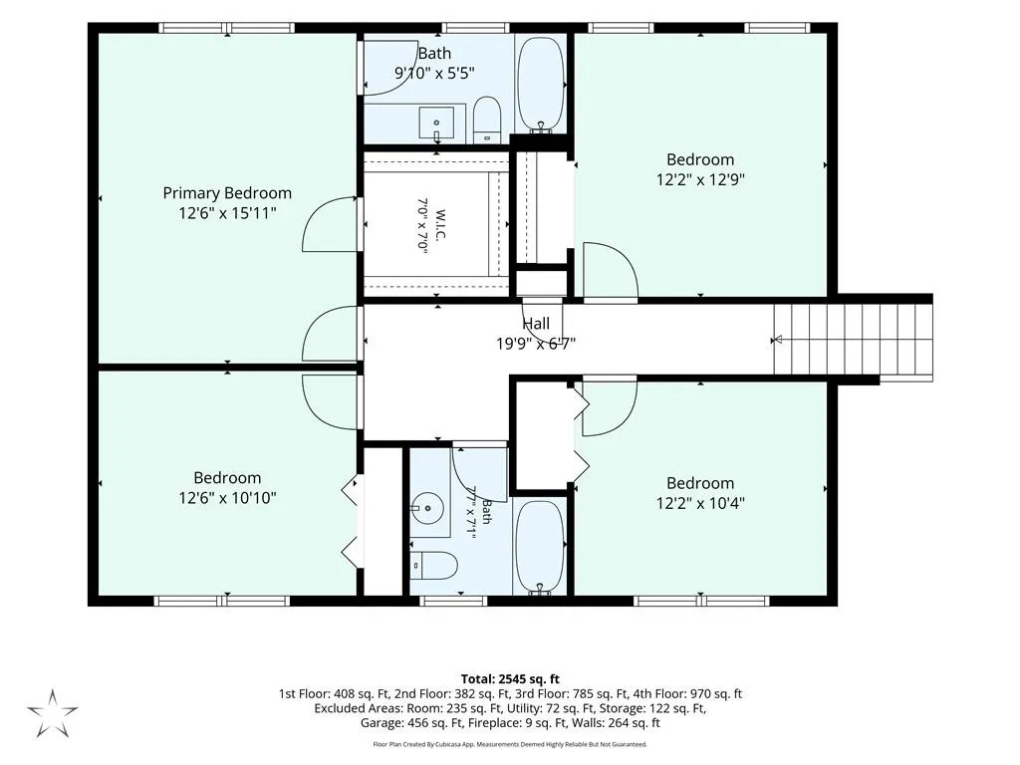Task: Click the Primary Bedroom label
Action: pyautogui.click(x=227, y=193)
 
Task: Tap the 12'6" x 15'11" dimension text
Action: pyautogui.click(x=228, y=213)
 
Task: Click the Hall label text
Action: pyautogui.click(x=536, y=324)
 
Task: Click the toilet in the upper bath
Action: pyautogui.click(x=486, y=121)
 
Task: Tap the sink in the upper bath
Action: pyautogui.click(x=436, y=125)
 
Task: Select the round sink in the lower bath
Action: pyautogui.click(x=427, y=508)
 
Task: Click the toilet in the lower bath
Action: pyautogui.click(x=434, y=566)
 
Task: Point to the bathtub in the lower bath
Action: pyautogui.click(x=540, y=548)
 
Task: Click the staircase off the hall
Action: pyautogui.click(x=853, y=340)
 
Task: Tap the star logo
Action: pyautogui.click(x=53, y=713)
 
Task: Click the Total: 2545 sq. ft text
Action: pyautogui.click(x=510, y=679)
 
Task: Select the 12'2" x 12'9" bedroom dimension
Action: pyautogui.click(x=700, y=179)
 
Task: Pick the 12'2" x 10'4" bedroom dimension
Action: pyautogui.click(x=700, y=503)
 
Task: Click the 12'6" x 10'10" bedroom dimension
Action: pyautogui.click(x=228, y=498)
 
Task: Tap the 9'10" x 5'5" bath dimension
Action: pyautogui.click(x=434, y=73)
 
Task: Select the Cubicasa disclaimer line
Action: pyautogui.click(x=510, y=744)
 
